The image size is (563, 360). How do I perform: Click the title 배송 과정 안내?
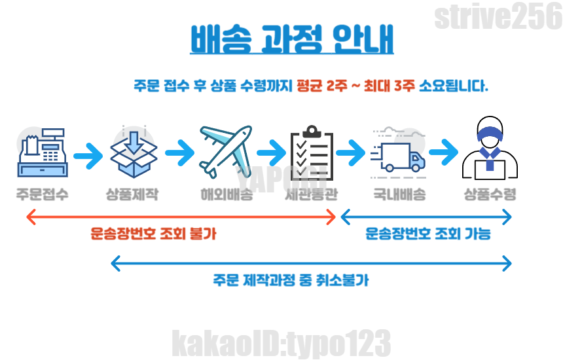tap(292, 39)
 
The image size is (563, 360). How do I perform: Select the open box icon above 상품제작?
tap(134, 153)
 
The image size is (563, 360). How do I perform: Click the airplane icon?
tap(225, 151)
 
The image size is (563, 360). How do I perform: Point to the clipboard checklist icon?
tap(312, 153)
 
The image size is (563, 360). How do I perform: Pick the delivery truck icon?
tap(398, 154)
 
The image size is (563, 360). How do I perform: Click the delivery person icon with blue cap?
tap(490, 151)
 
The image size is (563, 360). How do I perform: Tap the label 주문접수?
tap(43, 194)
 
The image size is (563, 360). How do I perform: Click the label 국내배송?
tap(399, 194)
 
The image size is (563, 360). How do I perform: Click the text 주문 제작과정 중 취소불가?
tap(290, 281)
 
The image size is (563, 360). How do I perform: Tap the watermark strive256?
tap(498, 18)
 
